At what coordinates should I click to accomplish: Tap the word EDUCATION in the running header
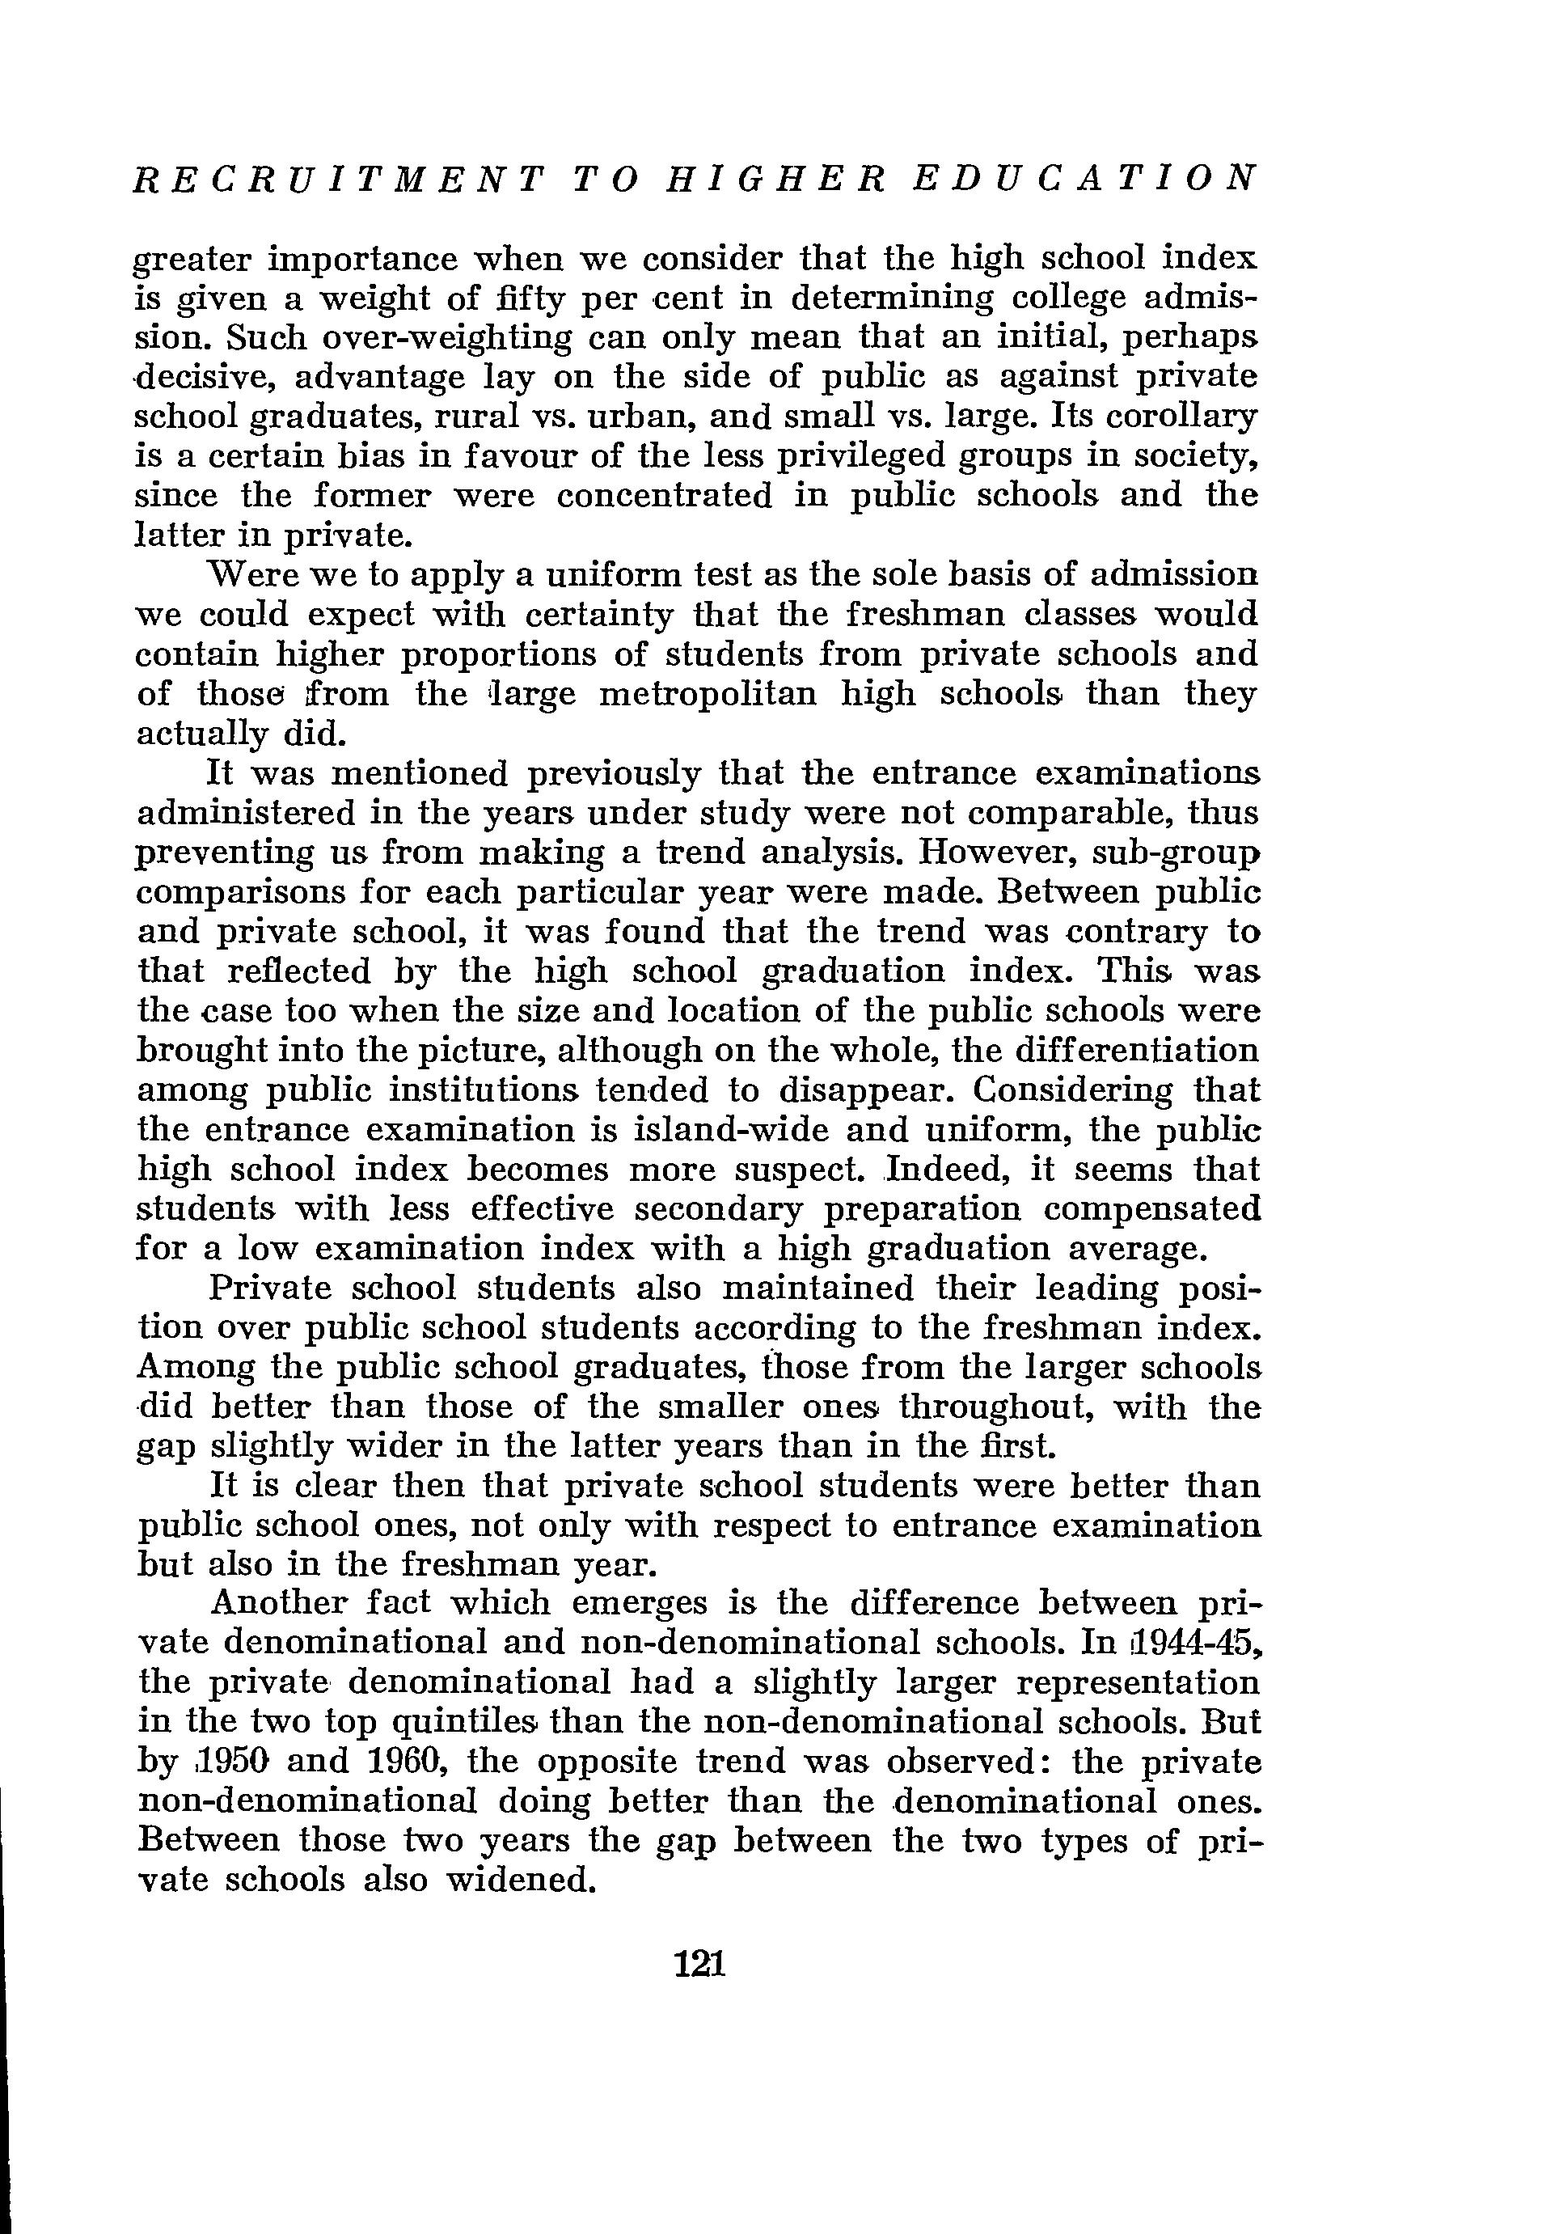[1085, 179]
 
